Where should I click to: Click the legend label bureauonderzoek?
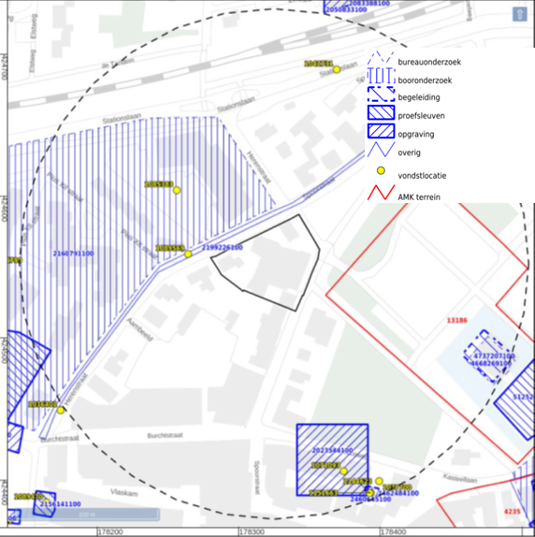click(x=429, y=62)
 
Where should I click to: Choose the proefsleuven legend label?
click(x=421, y=116)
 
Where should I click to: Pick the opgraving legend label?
click(x=415, y=134)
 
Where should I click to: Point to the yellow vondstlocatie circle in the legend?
click(x=381, y=171)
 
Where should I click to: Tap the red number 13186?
click(x=456, y=320)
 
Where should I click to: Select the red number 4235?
click(x=513, y=512)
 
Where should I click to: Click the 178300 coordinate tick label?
click(x=251, y=531)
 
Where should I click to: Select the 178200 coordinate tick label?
click(x=109, y=531)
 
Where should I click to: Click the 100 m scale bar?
click(x=90, y=514)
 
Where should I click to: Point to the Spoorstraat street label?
click(x=254, y=478)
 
